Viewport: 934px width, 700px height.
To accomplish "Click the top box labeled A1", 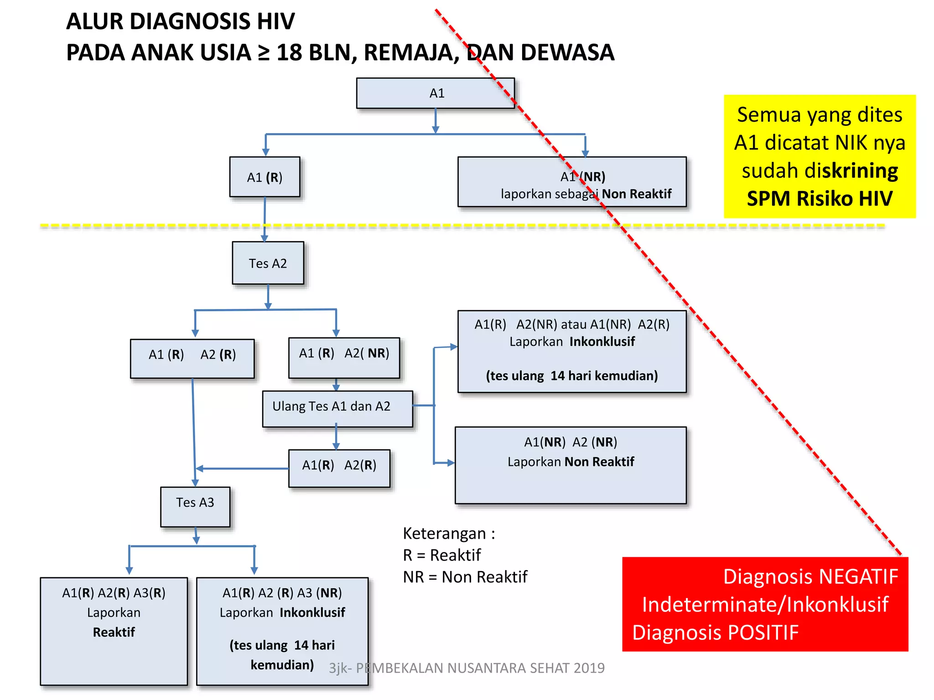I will coord(436,93).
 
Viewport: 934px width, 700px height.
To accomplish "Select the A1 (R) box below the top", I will coord(265,177).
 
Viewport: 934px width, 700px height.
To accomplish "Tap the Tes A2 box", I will coord(268,263).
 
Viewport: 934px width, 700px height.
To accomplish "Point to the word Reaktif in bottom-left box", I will coord(114,632).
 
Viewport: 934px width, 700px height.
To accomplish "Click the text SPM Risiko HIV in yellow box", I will coord(819,199).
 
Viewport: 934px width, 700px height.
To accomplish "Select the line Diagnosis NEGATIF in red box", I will coord(810,576).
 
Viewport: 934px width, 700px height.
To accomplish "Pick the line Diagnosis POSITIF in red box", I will coord(715,633).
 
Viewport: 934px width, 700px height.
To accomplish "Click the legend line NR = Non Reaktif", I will coord(465,577).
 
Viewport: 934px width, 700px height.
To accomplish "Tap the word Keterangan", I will coord(444,533).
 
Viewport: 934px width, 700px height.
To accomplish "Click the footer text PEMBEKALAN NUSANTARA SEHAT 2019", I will coord(480,668).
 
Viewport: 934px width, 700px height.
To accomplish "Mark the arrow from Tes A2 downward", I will coord(268,297).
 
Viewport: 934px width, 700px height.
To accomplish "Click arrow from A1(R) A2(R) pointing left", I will coord(242,468).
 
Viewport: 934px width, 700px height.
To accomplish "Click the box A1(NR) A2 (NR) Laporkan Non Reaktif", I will coord(570,465).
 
